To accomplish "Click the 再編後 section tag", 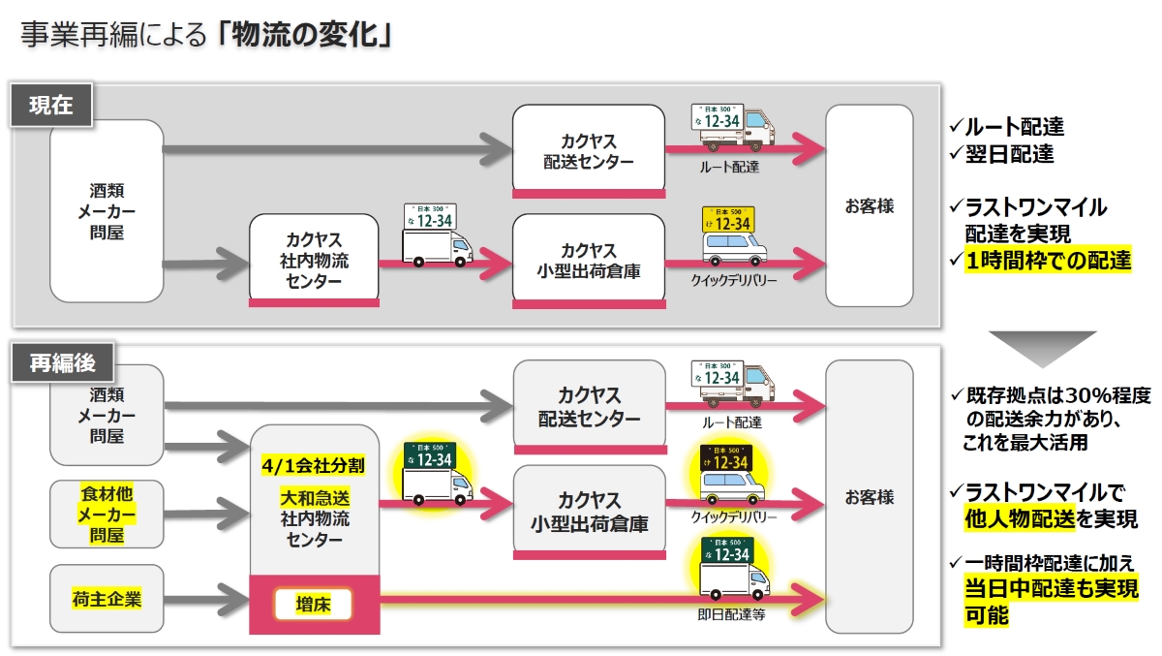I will tap(62, 363).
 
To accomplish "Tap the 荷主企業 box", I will tap(107, 599).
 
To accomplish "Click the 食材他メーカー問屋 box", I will tap(107, 514).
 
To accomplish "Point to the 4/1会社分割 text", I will tap(313, 465).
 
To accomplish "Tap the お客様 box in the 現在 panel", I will tap(869, 205).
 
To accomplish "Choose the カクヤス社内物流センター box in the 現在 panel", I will tap(314, 260).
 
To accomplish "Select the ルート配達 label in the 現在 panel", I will tap(729, 167).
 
